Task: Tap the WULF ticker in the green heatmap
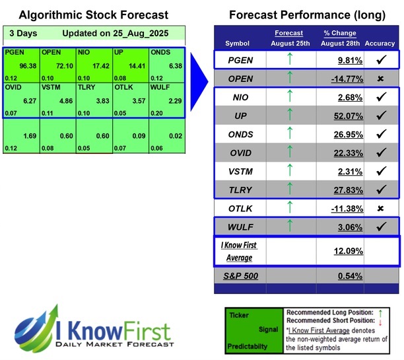coord(160,87)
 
